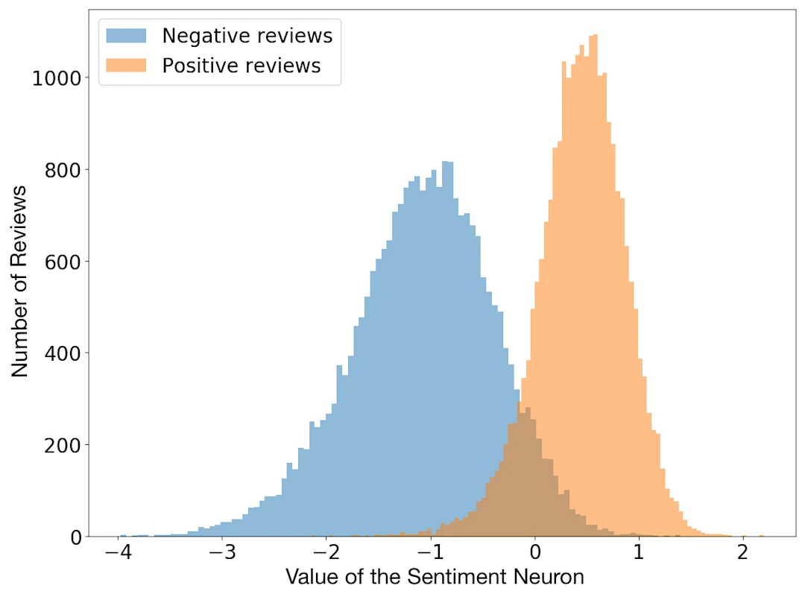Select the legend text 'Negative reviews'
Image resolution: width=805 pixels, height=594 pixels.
tap(247, 35)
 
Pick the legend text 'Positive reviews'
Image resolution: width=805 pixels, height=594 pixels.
tap(241, 66)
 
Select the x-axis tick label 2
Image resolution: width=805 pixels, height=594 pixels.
tap(742, 553)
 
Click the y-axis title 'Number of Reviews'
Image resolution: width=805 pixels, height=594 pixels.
tap(20, 281)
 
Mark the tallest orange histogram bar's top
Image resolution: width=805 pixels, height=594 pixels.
tap(593, 36)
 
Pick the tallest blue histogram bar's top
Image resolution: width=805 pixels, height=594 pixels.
tap(447, 162)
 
